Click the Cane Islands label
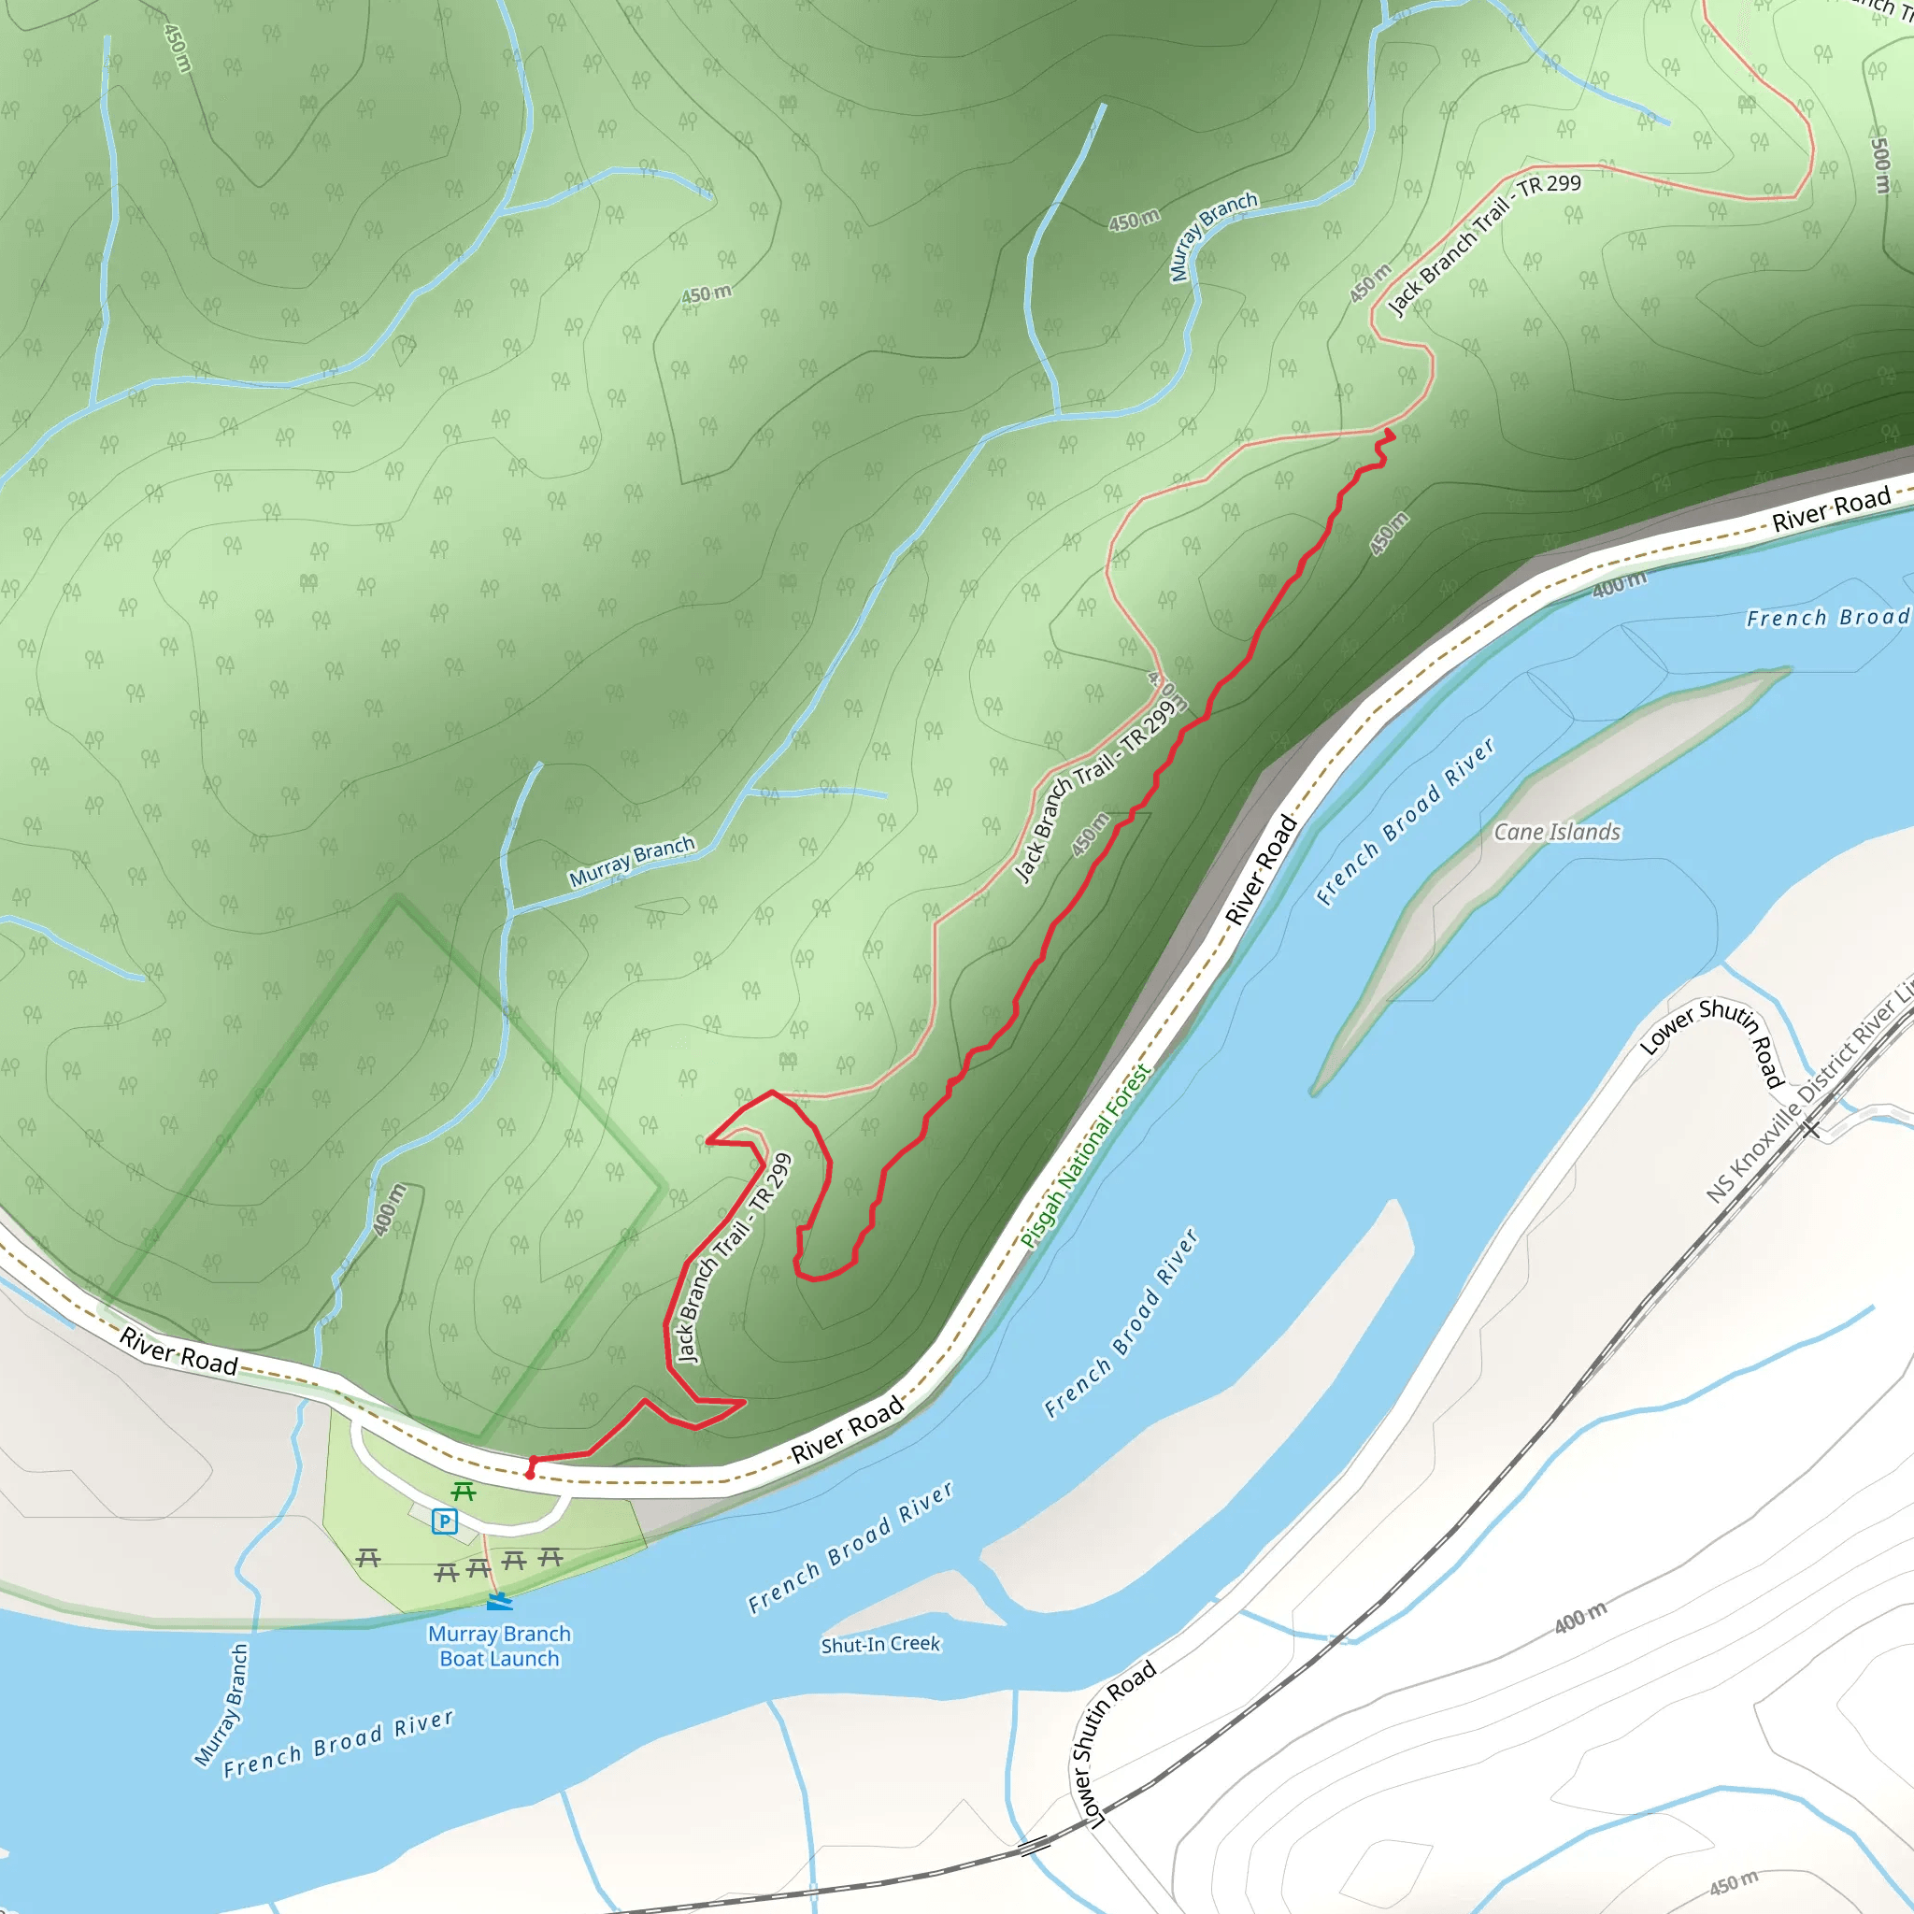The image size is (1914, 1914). coord(1556,832)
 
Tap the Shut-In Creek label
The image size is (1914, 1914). coord(880,1645)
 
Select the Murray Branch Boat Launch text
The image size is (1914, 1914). coord(499,1646)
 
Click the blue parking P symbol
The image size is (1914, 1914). coord(445,1521)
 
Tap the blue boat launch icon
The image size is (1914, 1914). coord(499,1601)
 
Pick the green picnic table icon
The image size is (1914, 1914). coord(463,1492)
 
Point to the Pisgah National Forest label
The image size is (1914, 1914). coord(1087,1156)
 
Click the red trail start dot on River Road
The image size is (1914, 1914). coord(530,1475)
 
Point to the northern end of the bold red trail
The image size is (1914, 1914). coord(1390,433)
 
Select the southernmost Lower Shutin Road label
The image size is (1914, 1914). coord(1117,1743)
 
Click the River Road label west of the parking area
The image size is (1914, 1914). coord(179,1352)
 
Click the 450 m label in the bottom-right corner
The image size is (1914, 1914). coord(1734,1882)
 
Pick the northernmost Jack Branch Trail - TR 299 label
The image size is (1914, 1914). coord(1484,244)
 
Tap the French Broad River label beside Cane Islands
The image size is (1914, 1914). coord(1405,821)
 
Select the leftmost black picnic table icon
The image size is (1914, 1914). coord(368,1558)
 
